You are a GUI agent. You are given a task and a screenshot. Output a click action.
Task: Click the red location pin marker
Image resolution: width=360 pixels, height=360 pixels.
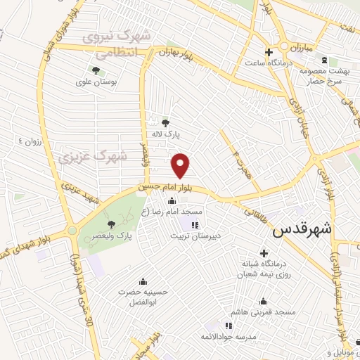pos(181,166)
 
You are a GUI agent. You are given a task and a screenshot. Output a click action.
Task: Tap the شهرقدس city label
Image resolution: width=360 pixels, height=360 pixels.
pos(304,229)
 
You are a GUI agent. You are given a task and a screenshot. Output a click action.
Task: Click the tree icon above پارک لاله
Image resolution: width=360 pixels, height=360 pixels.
pos(166,122)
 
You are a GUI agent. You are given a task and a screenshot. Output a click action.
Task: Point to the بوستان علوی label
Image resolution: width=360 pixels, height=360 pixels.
pos(94,81)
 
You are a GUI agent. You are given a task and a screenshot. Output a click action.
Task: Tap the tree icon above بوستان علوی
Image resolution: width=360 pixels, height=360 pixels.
pos(95,70)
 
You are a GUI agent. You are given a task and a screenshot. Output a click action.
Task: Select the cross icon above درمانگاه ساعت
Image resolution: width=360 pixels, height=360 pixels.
pos(268,52)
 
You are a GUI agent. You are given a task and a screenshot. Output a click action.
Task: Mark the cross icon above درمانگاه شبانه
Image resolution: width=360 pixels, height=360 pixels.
pos(264,253)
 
